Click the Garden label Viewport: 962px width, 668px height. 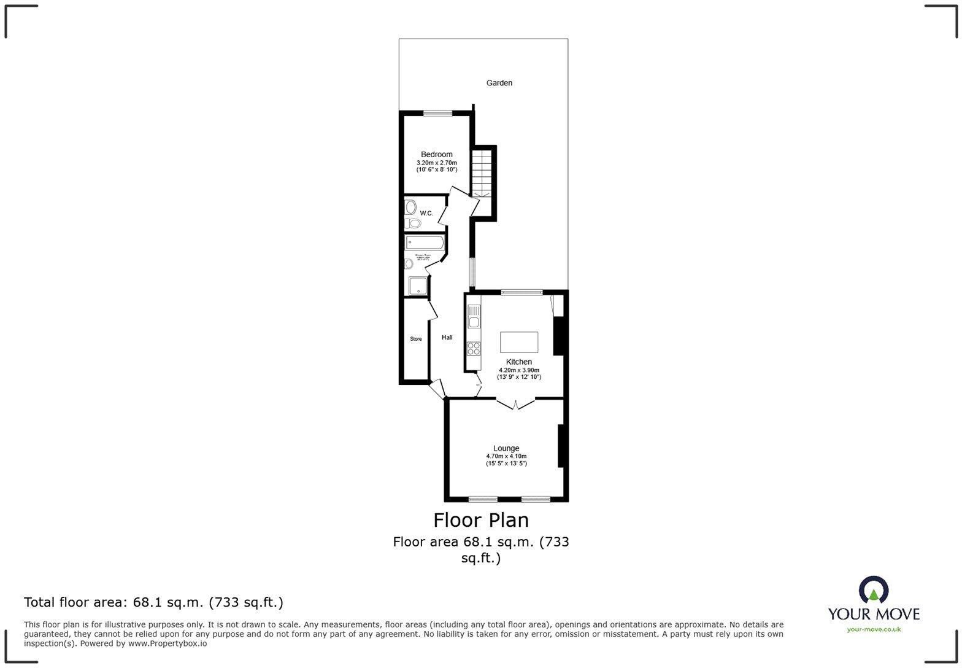499,83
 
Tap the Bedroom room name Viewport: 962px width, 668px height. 436,154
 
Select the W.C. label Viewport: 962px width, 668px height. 426,213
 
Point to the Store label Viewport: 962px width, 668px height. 416,339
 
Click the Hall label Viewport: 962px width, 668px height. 447,337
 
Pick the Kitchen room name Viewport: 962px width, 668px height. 518,362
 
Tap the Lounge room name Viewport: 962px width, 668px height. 506,448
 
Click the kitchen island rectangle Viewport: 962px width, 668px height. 518,342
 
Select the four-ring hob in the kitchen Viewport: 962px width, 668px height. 474,349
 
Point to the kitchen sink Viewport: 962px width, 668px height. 474,317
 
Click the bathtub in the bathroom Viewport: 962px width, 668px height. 424,243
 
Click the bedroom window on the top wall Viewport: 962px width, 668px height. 437,112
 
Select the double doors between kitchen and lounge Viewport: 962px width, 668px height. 515,404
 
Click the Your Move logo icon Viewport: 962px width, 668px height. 874,590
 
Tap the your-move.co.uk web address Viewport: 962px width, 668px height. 874,629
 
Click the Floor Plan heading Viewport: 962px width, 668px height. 481,520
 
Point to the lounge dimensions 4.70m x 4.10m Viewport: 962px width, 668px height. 506,456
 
